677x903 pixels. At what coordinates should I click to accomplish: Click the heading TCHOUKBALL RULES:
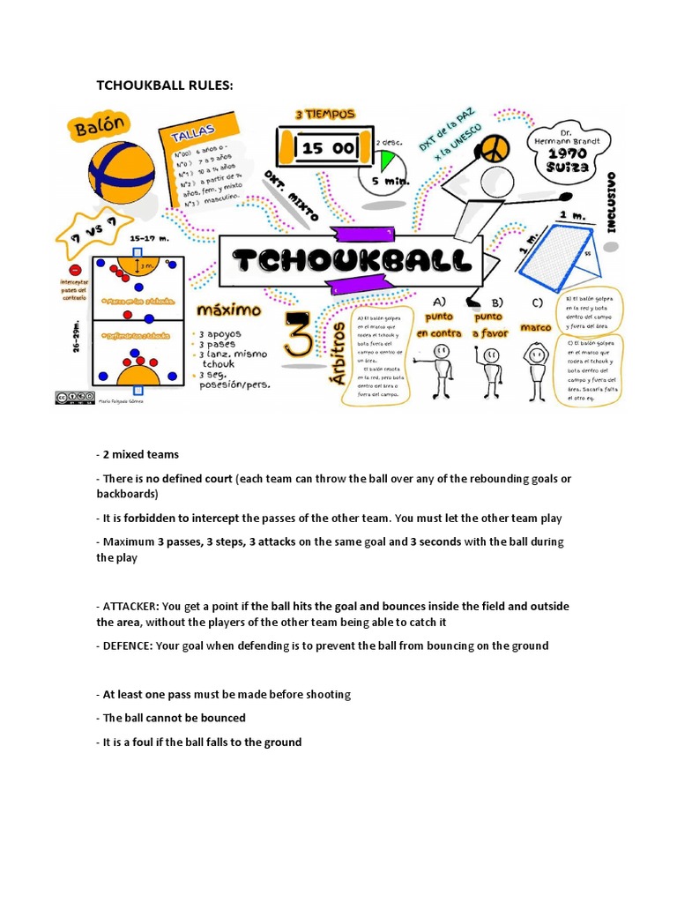[x=165, y=85]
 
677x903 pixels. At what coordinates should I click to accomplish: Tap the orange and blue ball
[x=122, y=171]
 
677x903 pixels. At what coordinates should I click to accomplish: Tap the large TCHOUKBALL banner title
[x=349, y=261]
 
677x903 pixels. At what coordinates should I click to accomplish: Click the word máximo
[x=228, y=311]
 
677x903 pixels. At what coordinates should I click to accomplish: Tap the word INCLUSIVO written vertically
[x=611, y=202]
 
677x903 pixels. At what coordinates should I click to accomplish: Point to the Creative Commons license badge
[x=75, y=398]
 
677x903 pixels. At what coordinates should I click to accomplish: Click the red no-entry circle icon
[x=75, y=269]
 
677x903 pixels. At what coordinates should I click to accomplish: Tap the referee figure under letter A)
[x=439, y=370]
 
